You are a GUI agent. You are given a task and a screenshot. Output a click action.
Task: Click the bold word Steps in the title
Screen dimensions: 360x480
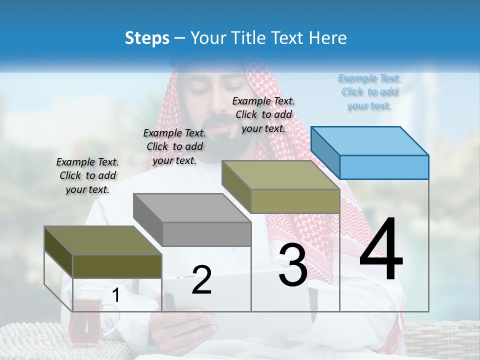pos(147,38)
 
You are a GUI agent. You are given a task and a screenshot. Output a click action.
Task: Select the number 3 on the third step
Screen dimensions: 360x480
pos(293,265)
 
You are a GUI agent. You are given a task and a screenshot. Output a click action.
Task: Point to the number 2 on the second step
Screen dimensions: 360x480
pos(201,280)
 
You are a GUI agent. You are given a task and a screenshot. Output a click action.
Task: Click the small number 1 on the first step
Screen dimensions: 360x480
pos(115,295)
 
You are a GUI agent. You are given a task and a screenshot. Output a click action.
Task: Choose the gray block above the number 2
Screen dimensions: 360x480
pos(193,220)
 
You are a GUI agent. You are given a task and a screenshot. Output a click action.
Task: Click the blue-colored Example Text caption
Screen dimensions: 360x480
pos(369,92)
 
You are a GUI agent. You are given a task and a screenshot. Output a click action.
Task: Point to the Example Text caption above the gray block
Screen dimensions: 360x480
pos(174,146)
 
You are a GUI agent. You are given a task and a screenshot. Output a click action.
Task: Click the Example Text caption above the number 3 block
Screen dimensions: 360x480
pos(263,114)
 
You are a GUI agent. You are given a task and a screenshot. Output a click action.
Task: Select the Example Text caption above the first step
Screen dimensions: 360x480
pos(87,175)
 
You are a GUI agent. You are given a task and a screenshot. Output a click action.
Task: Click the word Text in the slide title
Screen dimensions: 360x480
pos(289,38)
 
